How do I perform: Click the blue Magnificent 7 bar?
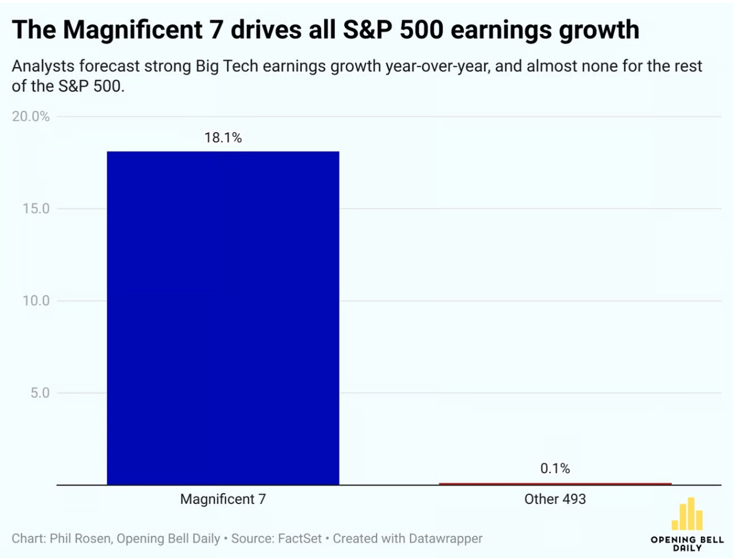[x=223, y=318]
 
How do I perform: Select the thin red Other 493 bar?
[x=555, y=483]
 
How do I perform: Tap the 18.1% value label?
[x=223, y=138]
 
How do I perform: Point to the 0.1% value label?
[x=555, y=469]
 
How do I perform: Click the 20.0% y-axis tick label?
[x=31, y=116]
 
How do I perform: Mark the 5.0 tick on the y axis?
[x=40, y=393]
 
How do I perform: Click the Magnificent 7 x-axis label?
[x=223, y=499]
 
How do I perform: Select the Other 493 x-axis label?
[x=555, y=499]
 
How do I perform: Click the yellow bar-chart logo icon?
[x=687, y=515]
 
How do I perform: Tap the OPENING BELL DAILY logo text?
[x=686, y=543]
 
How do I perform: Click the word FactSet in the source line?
[x=300, y=538]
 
